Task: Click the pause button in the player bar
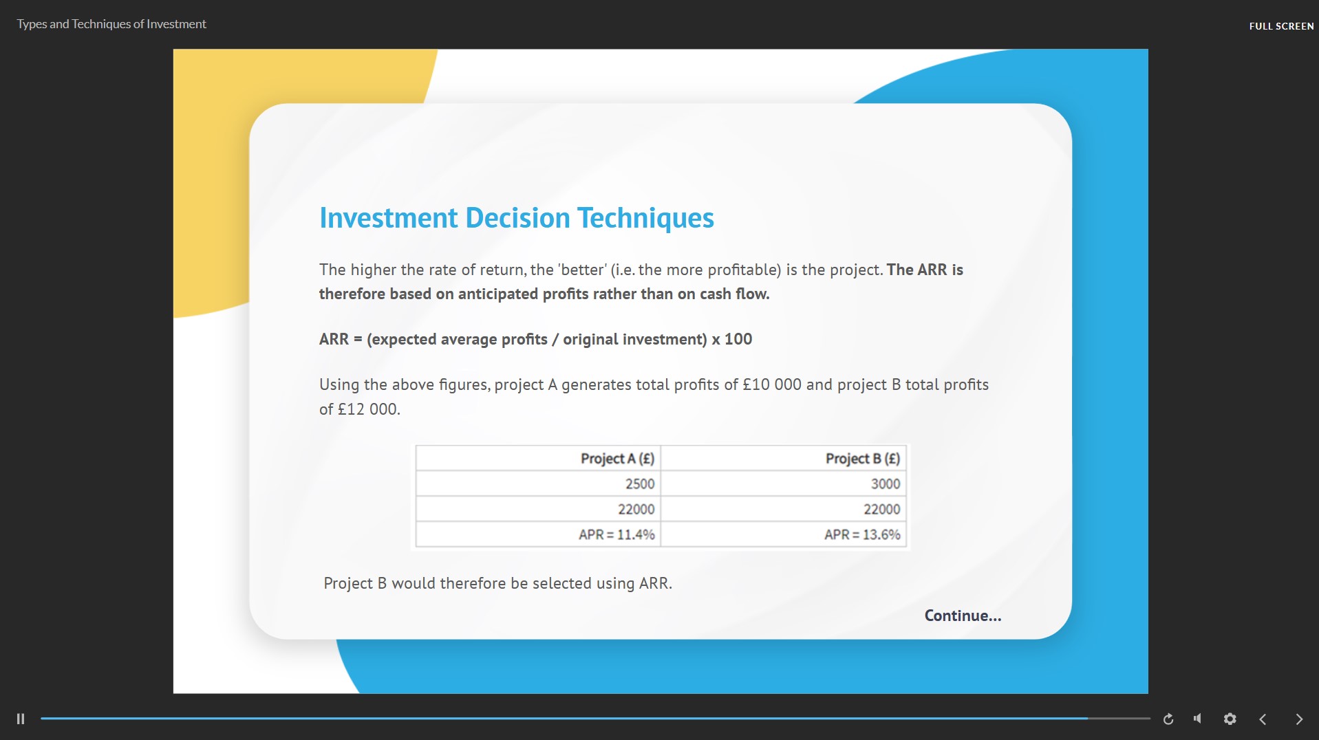pyautogui.click(x=21, y=719)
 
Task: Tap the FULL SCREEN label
pyautogui.click(x=1281, y=26)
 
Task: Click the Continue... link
pyautogui.click(x=963, y=616)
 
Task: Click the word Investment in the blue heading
pyautogui.click(x=389, y=218)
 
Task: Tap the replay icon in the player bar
pyautogui.click(x=1168, y=719)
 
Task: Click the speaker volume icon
pyautogui.click(x=1198, y=719)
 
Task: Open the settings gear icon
pyautogui.click(x=1230, y=719)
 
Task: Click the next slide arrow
pyautogui.click(x=1299, y=719)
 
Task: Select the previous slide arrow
pyautogui.click(x=1263, y=719)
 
